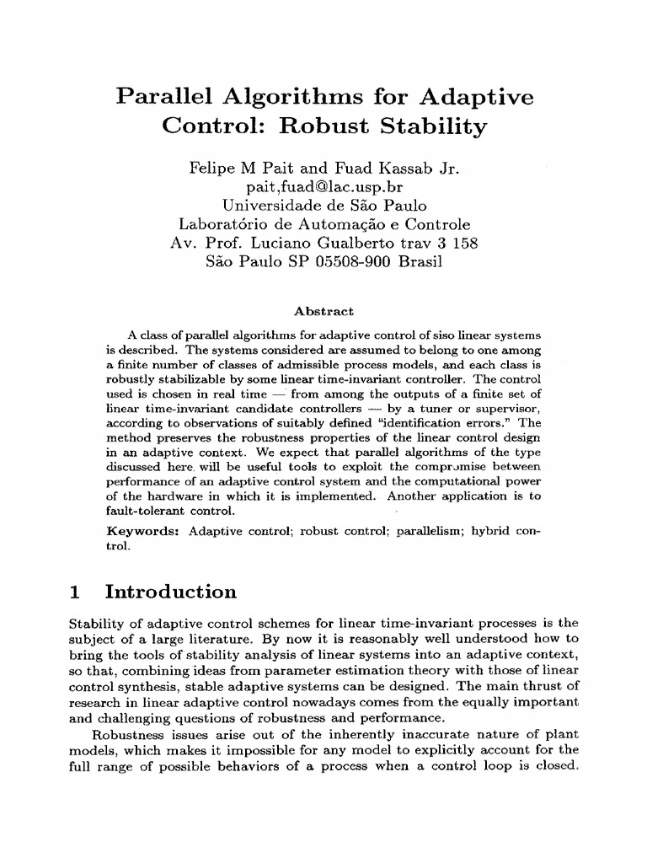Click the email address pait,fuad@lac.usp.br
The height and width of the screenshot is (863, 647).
coord(324,186)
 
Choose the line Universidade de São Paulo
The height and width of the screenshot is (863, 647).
coord(324,205)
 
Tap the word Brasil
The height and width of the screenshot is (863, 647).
coord(419,261)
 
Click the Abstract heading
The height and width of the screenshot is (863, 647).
coord(324,311)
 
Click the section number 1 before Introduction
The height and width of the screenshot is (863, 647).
coord(74,592)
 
